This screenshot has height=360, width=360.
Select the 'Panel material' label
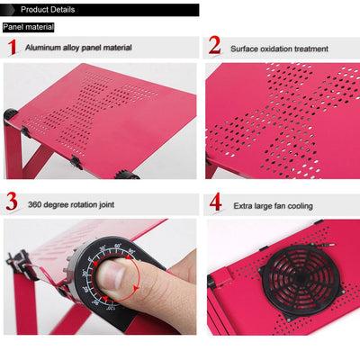pyautogui.click(x=29, y=27)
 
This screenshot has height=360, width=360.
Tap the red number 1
pyautogui.click(x=12, y=47)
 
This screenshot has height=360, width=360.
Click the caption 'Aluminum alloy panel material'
pyautogui.click(x=78, y=48)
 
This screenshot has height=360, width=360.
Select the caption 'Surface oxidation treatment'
pyautogui.click(x=279, y=49)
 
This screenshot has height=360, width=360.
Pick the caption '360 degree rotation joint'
pyautogui.click(x=71, y=204)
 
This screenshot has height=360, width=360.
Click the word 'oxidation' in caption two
pyautogui.click(x=275, y=49)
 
